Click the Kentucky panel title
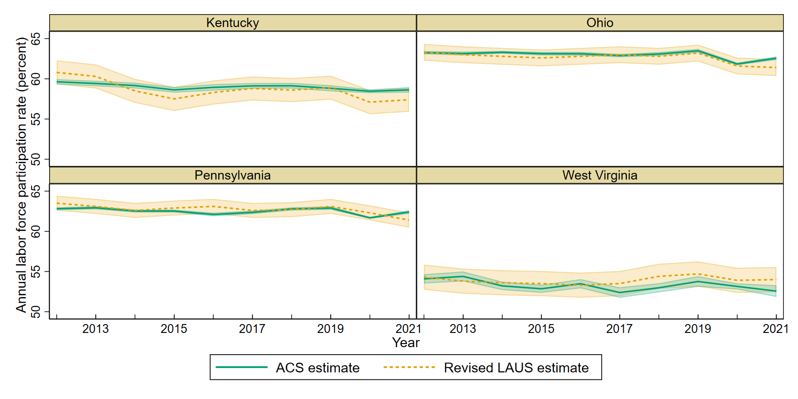(232, 23)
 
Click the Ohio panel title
(600, 23)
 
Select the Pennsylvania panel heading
(232, 176)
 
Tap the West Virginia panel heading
(600, 176)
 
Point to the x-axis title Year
(406, 343)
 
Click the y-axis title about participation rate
(21, 175)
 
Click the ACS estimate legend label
(317, 368)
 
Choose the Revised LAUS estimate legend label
(516, 368)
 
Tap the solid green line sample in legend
(242, 368)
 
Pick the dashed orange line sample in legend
(409, 368)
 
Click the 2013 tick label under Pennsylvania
(95, 329)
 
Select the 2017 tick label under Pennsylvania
(252, 329)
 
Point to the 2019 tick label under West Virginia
(697, 329)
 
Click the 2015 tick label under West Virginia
(541, 329)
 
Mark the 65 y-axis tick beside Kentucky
(35, 39)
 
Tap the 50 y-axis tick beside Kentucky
(35, 160)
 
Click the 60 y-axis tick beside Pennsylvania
(35, 231)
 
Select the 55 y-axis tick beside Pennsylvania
(35, 272)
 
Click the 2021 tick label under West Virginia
(775, 329)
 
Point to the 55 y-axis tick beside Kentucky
(35, 119)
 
